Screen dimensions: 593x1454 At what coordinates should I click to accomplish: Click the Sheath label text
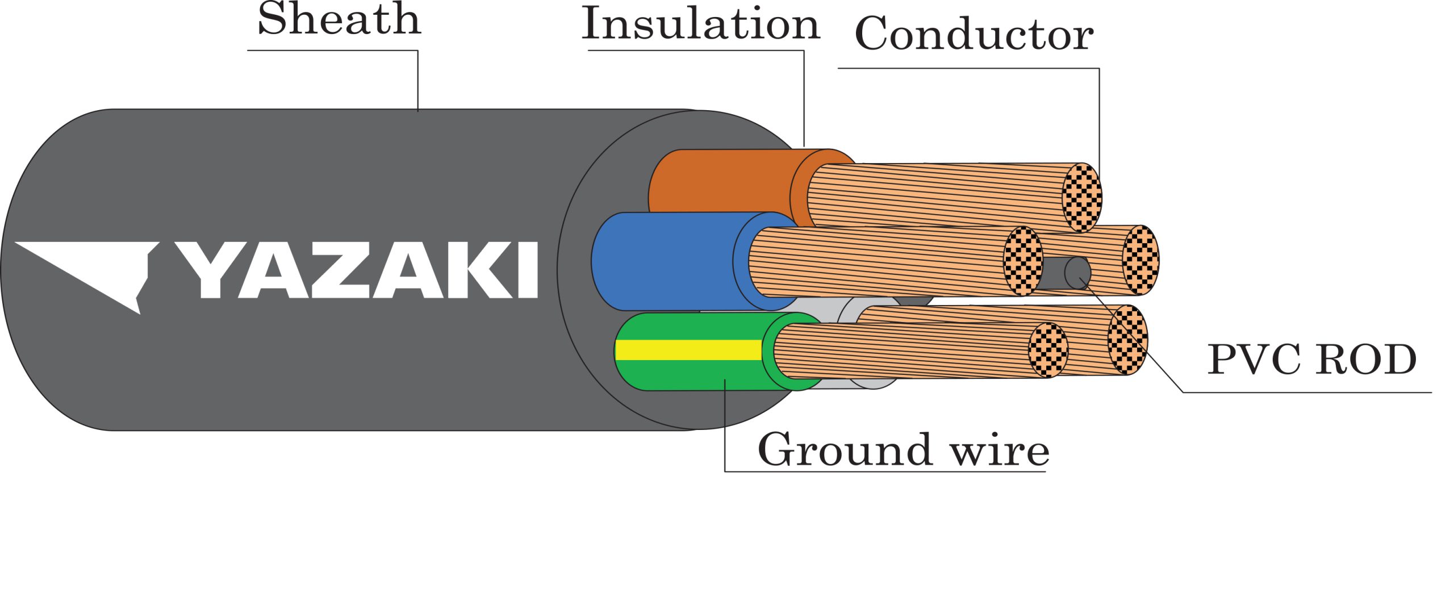pyautogui.click(x=339, y=19)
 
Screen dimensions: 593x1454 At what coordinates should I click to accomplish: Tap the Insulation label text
pyautogui.click(x=700, y=24)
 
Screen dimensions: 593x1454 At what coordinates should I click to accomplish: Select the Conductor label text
pyautogui.click(x=973, y=34)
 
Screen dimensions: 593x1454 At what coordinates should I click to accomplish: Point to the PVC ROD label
pyautogui.click(x=1311, y=360)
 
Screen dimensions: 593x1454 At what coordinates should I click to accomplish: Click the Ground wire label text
pyautogui.click(x=903, y=450)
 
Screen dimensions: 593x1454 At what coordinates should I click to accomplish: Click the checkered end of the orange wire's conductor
pyautogui.click(x=1082, y=198)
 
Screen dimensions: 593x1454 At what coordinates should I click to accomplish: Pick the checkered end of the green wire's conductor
pyautogui.click(x=1048, y=350)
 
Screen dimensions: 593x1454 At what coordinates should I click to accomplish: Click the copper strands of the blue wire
pyautogui.click(x=880, y=261)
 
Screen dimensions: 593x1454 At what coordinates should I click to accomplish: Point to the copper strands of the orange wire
pyautogui.click(x=937, y=196)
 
